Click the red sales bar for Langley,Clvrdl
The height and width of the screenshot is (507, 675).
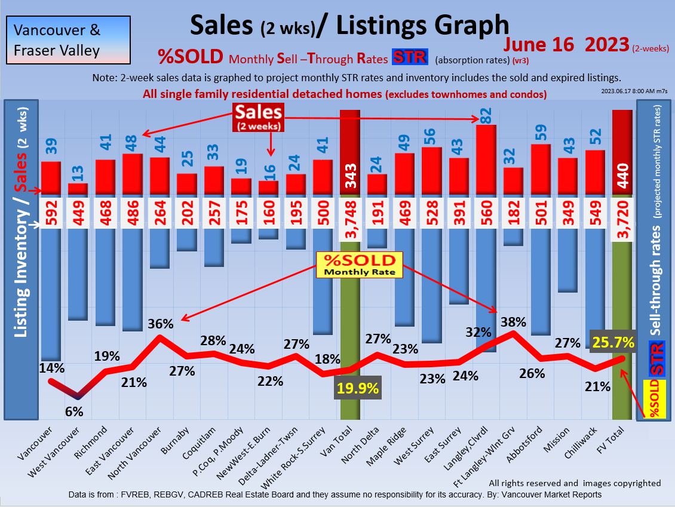486,159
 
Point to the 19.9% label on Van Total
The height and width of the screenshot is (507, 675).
358,389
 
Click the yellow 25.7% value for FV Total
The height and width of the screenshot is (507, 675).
613,341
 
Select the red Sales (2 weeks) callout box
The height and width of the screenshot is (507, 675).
258,117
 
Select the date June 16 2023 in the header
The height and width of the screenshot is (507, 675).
566,45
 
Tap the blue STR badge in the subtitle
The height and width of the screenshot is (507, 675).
410,58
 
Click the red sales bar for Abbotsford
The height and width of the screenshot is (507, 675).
541,169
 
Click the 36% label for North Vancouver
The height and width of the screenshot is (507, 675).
161,324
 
